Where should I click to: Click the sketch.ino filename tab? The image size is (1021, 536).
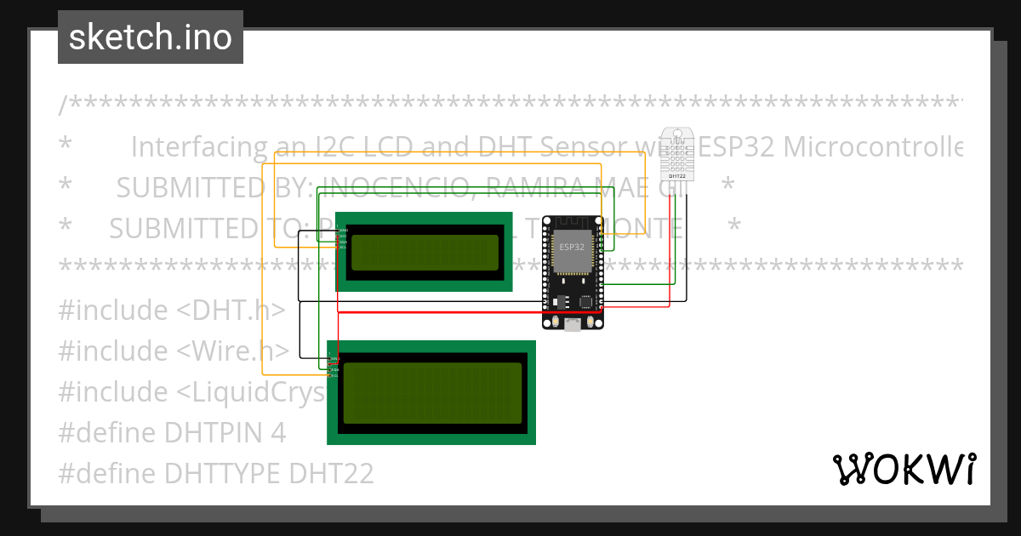(x=150, y=37)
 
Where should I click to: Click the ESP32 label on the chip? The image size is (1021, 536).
(x=572, y=247)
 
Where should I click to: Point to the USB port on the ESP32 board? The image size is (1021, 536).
(x=573, y=324)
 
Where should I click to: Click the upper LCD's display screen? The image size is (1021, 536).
(x=425, y=252)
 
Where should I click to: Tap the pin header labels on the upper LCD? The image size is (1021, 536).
(x=343, y=239)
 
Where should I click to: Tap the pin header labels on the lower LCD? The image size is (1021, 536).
(x=334, y=365)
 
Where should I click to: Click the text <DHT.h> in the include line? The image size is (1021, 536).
(x=231, y=310)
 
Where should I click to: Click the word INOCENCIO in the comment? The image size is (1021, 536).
(x=383, y=187)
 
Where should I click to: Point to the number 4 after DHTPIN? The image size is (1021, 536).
(x=277, y=432)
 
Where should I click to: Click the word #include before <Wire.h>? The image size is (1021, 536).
(x=113, y=351)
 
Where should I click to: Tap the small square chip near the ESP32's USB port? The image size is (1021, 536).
(x=586, y=301)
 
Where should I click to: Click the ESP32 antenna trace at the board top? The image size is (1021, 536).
(x=573, y=223)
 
